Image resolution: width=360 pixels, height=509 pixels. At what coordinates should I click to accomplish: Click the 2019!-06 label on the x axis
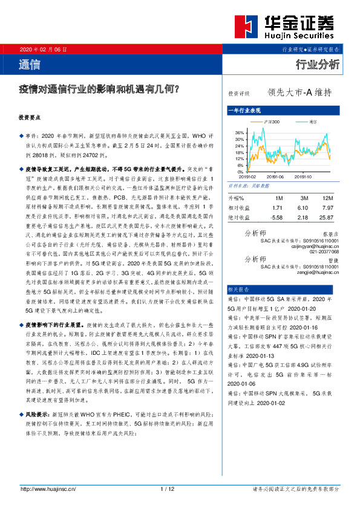click(x=274, y=177)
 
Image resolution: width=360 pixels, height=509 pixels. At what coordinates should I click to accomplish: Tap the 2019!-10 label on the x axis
click(x=303, y=177)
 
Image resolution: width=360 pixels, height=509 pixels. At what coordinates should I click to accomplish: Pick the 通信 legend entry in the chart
click(x=312, y=122)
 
